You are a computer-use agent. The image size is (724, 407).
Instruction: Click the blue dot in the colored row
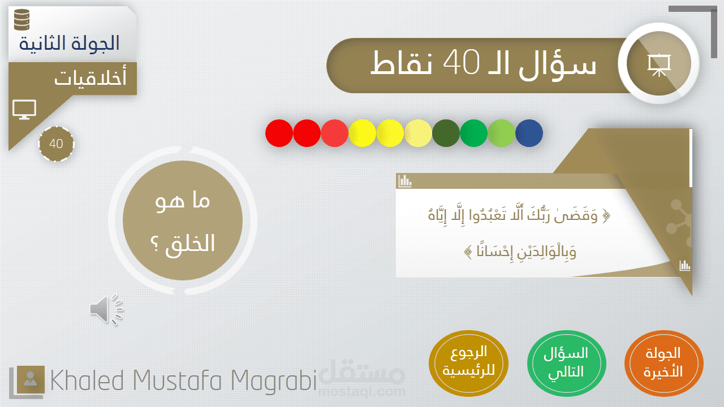[x=529, y=133]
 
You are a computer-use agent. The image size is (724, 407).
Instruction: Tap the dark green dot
[x=446, y=133]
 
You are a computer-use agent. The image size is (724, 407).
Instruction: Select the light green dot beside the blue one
[x=501, y=133]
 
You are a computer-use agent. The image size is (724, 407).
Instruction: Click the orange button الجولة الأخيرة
[x=663, y=363]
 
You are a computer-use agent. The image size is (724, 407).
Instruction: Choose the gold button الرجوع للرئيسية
[x=468, y=363]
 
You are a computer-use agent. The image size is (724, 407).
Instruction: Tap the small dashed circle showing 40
[x=56, y=144]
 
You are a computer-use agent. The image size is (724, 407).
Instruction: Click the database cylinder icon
[x=22, y=19]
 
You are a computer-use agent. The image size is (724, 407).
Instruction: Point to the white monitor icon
[x=24, y=110]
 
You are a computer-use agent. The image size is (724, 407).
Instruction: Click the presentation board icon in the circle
[x=659, y=65]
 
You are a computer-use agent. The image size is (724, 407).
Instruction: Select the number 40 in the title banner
[x=461, y=62]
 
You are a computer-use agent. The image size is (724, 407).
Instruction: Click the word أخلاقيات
[x=90, y=77]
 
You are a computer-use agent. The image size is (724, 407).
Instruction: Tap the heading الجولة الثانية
[x=69, y=44]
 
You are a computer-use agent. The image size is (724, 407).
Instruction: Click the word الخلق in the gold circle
[x=191, y=244]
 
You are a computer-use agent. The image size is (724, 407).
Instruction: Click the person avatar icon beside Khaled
[x=31, y=379]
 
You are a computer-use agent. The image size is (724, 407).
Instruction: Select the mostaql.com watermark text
[x=362, y=392]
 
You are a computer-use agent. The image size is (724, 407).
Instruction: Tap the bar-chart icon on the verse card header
[x=405, y=181]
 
